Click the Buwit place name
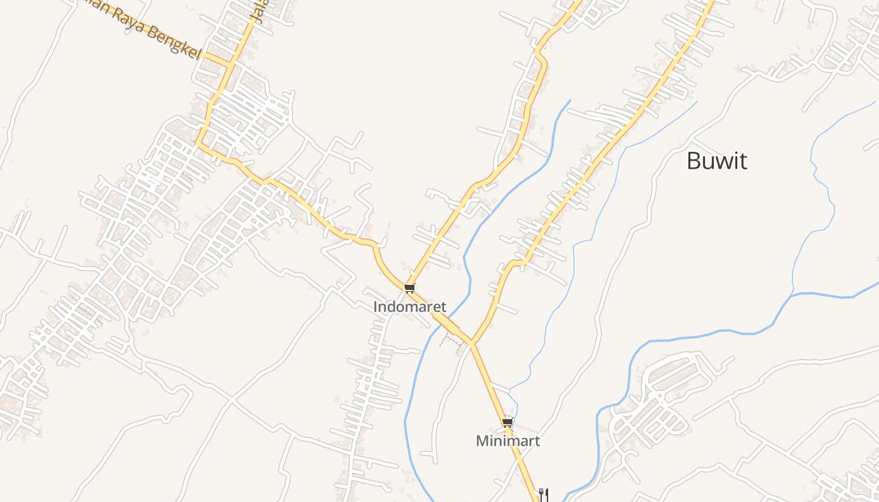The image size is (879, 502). pyautogui.click(x=716, y=161)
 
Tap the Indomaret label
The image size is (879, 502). pyautogui.click(x=410, y=307)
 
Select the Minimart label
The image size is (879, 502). pyautogui.click(x=507, y=441)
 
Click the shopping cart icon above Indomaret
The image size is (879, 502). pyautogui.click(x=410, y=288)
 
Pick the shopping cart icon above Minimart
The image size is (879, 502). pyautogui.click(x=507, y=422)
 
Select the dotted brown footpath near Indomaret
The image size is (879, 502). pyautogui.click(x=450, y=339)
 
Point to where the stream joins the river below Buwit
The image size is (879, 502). pyautogui.click(x=792, y=294)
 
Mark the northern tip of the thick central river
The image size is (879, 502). pyautogui.click(x=569, y=100)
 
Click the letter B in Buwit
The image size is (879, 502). pyautogui.click(x=693, y=161)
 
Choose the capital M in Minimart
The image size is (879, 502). pyautogui.click(x=482, y=441)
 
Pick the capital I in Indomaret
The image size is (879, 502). pyautogui.click(x=375, y=307)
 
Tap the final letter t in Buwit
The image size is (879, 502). pyautogui.click(x=743, y=161)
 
